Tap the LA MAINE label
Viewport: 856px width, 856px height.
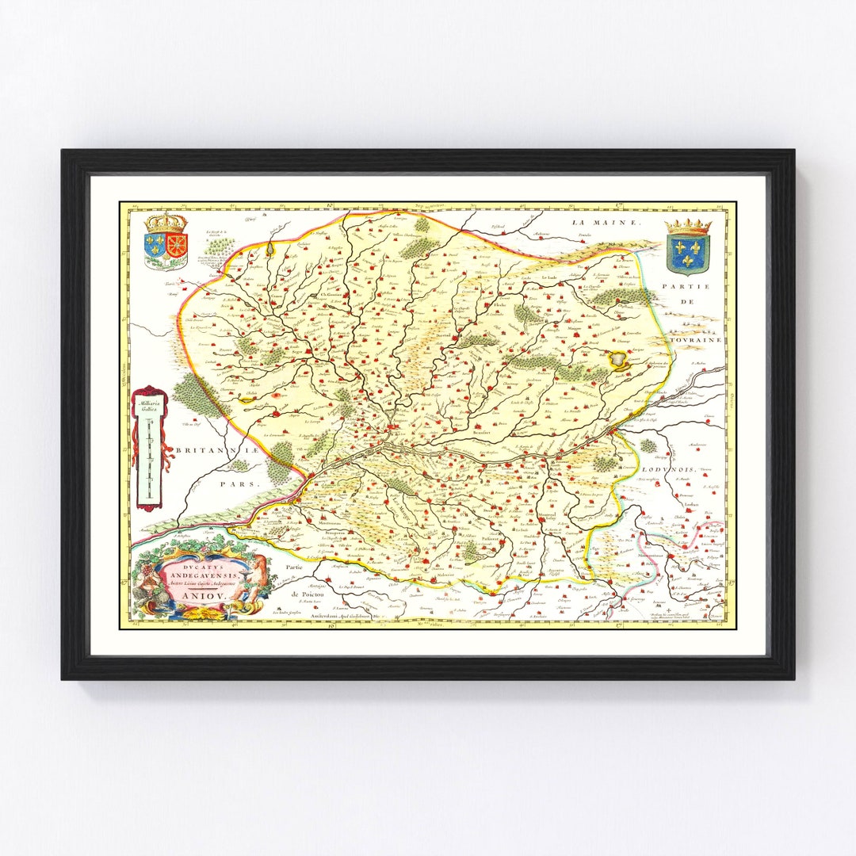point(606,223)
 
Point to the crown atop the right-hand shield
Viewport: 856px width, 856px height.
point(687,226)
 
